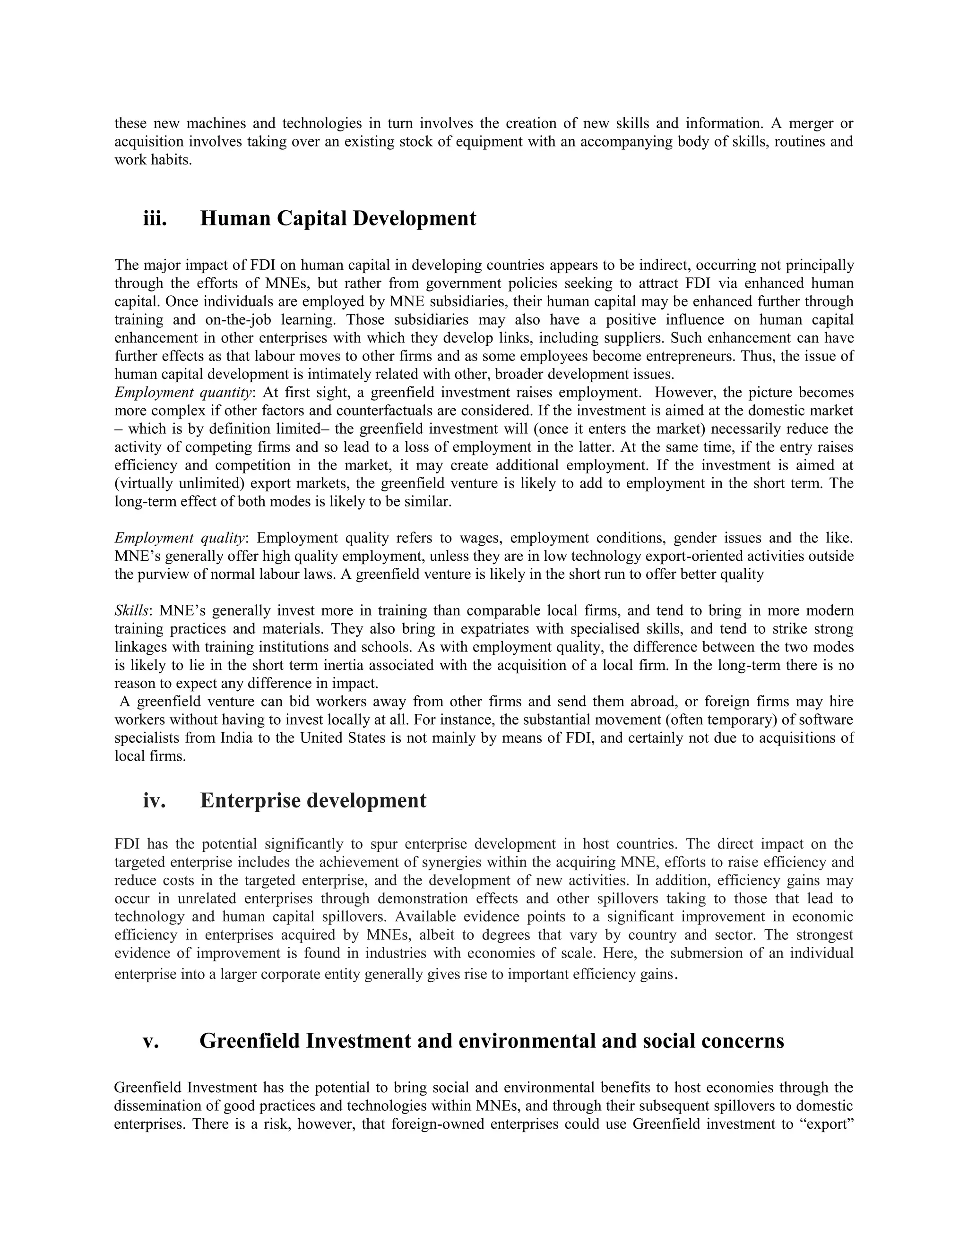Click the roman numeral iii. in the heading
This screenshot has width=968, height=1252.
(x=155, y=218)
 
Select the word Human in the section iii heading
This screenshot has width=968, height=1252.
(x=235, y=218)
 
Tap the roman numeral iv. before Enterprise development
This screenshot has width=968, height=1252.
(x=154, y=800)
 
